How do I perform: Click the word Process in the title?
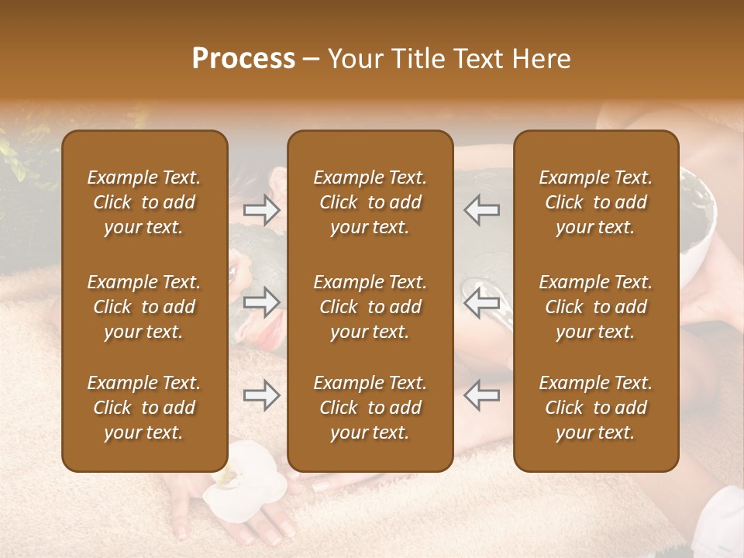tap(243, 59)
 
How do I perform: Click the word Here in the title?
tap(541, 59)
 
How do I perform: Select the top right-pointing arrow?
tap(262, 210)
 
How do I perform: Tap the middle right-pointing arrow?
tap(262, 302)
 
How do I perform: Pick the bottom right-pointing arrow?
tap(262, 395)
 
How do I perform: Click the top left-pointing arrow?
tap(482, 210)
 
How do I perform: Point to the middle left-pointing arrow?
tap(482, 302)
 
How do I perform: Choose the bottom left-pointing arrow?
tap(482, 395)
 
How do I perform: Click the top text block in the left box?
tap(144, 202)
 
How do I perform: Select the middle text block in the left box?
tap(144, 307)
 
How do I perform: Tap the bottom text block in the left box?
tap(144, 408)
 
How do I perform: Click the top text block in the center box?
tap(370, 202)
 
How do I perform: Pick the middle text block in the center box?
tap(370, 307)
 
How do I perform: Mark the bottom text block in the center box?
tap(370, 408)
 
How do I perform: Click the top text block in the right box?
tap(595, 202)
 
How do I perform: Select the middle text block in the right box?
tap(595, 307)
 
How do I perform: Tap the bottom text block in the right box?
tap(595, 408)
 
